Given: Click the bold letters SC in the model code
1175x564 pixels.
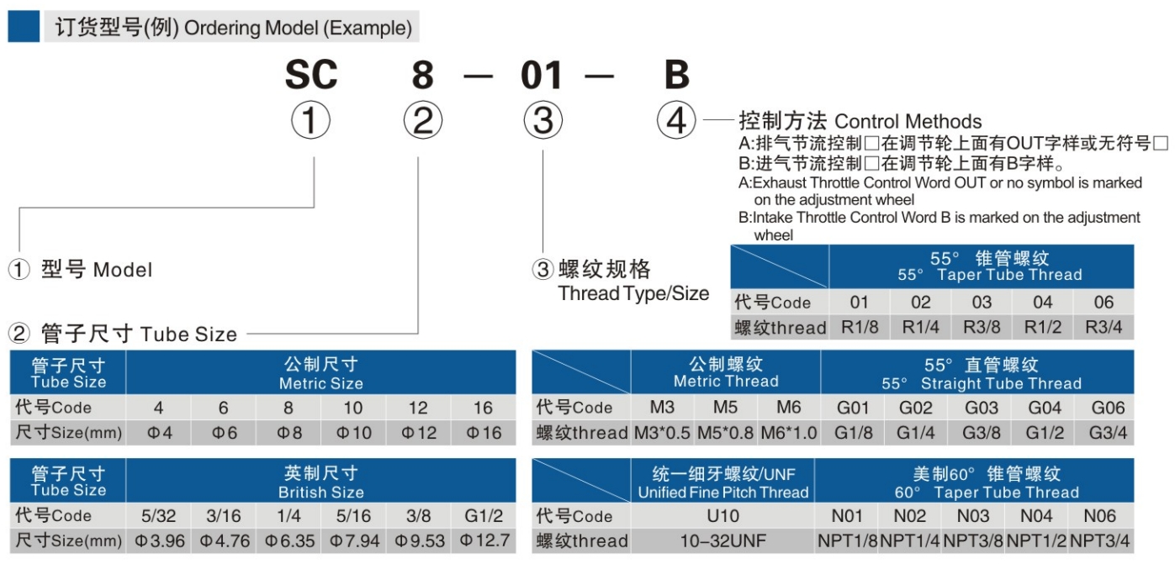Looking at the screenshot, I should (311, 76).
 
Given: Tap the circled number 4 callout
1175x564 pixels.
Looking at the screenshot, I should (676, 121).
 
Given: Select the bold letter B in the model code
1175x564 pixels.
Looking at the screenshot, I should (677, 76).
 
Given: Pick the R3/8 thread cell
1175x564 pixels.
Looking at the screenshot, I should (982, 327).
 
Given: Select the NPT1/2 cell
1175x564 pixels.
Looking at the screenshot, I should (1037, 540).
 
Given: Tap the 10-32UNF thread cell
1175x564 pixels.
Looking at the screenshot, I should (722, 540).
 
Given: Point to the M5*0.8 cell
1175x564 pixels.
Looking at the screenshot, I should (726, 433).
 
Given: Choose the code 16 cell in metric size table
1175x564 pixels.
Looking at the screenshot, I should (483, 408).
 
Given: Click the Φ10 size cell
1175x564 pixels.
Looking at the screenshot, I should (353, 433).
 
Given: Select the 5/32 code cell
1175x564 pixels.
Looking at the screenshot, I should (159, 515).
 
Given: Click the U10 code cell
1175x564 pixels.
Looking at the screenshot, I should (722, 515).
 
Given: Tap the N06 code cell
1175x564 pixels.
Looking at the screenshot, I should (1100, 515).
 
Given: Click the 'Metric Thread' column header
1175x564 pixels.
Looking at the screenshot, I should (726, 372).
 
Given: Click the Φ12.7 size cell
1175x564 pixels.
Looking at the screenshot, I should (484, 540).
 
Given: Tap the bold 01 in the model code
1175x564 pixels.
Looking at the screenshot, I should (542, 76).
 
